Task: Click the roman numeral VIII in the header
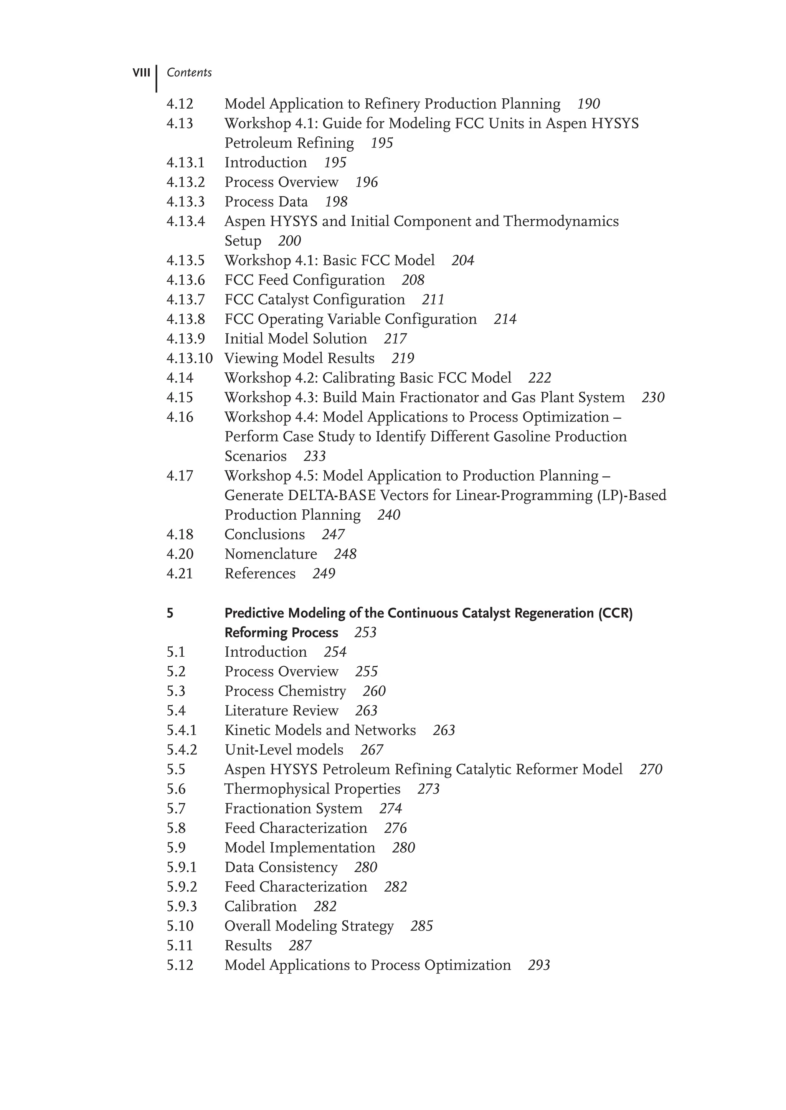(x=141, y=73)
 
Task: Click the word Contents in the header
(x=189, y=73)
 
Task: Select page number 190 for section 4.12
(x=588, y=104)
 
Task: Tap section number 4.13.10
(x=189, y=359)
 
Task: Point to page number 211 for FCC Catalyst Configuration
(x=433, y=300)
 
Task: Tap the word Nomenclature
(x=271, y=554)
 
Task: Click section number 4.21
(x=180, y=574)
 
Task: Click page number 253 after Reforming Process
(x=365, y=633)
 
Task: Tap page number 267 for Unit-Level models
(x=371, y=750)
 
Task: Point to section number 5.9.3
(x=182, y=906)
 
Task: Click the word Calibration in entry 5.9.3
(x=260, y=906)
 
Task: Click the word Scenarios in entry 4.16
(x=256, y=456)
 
